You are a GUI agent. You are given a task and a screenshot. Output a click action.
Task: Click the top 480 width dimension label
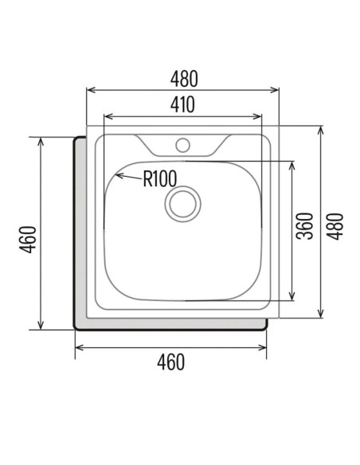tap(184, 79)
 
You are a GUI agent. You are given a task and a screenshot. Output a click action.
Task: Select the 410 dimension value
tap(182, 104)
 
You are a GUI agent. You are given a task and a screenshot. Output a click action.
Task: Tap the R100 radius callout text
tap(160, 178)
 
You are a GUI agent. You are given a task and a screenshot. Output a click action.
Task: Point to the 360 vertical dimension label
tap(305, 226)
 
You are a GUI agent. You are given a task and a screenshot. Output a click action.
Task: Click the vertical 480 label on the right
tap(335, 226)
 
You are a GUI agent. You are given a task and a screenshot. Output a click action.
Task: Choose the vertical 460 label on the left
tap(28, 240)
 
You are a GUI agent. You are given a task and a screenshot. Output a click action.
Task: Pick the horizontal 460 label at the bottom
tap(170, 361)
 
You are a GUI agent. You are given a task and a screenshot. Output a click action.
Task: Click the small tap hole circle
tap(182, 145)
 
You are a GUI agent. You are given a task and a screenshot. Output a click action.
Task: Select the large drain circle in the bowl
tap(182, 204)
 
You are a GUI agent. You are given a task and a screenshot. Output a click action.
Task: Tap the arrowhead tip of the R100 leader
tap(115, 175)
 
